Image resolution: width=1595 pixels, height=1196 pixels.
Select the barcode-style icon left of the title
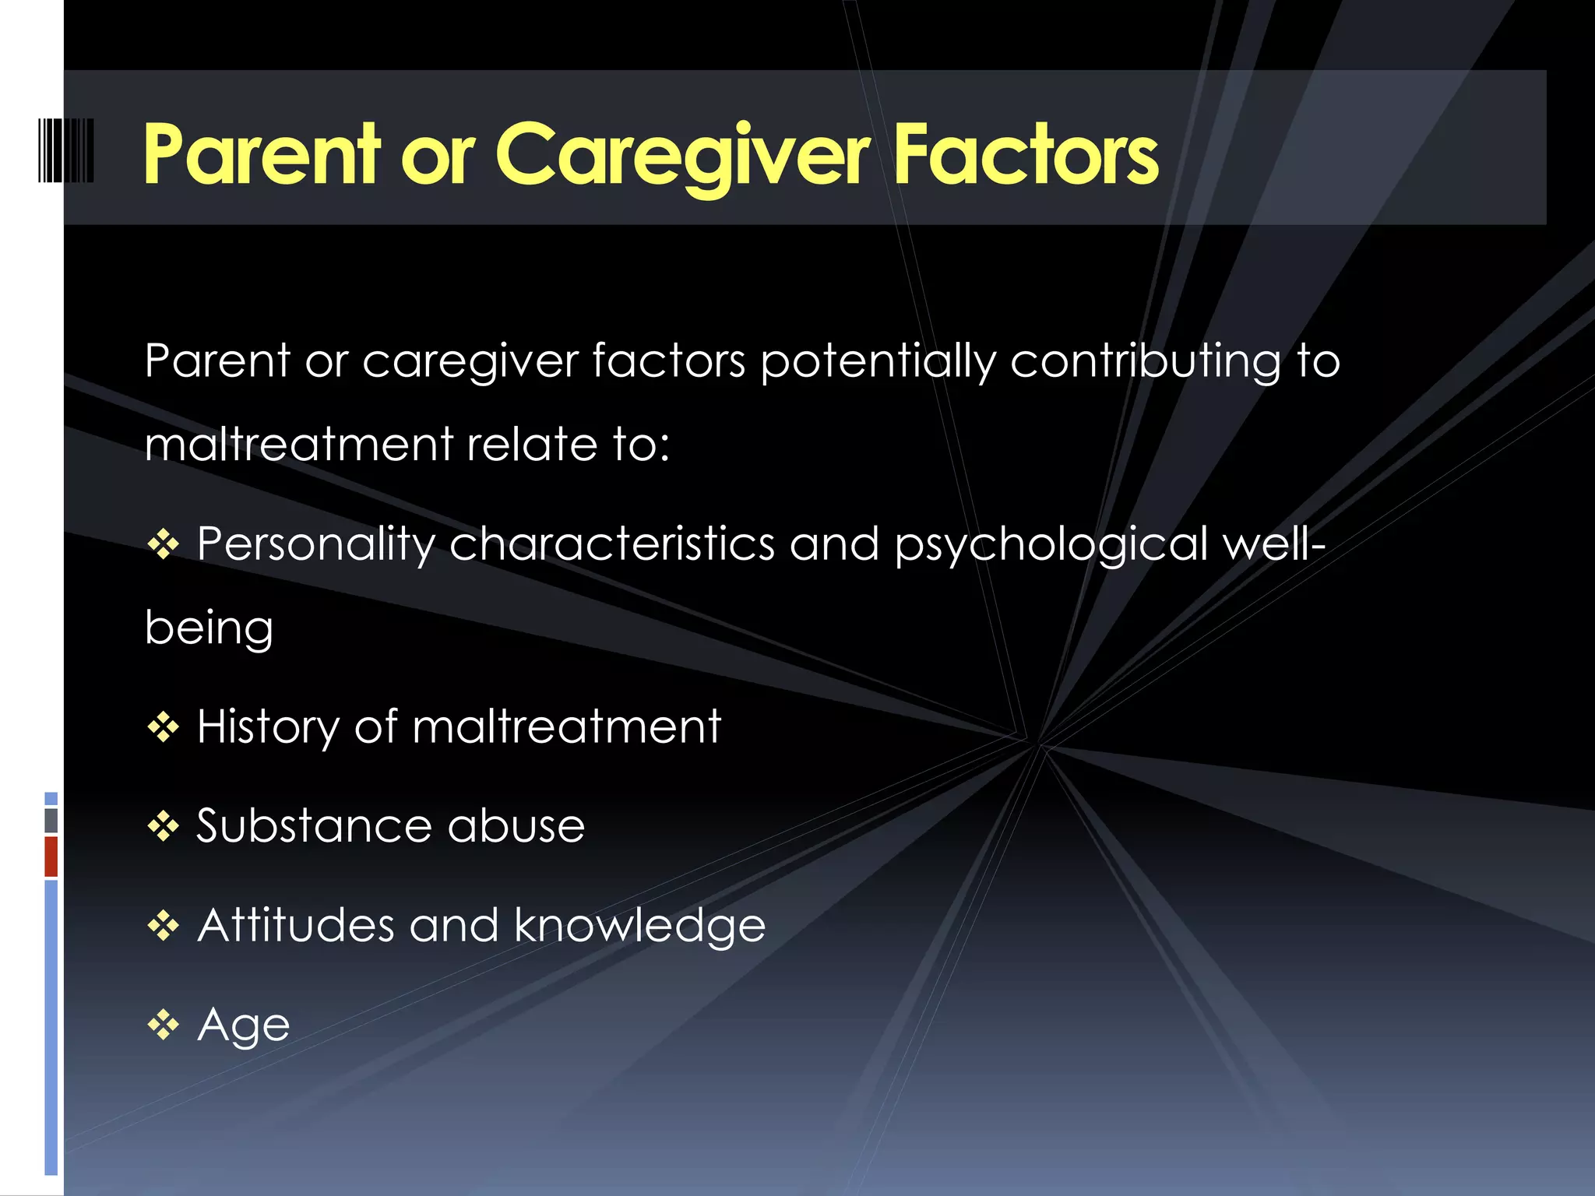point(65,150)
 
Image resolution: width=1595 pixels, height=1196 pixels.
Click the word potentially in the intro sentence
point(878,361)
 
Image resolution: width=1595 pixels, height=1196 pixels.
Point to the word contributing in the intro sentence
point(1145,361)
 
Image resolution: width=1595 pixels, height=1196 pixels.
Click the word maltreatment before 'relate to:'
point(298,444)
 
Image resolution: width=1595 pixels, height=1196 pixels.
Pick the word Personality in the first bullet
point(315,543)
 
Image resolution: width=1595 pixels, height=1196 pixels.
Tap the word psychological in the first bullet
point(1052,543)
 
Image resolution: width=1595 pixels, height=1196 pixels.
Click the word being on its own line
point(209,628)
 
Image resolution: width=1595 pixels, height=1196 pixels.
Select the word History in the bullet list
point(268,727)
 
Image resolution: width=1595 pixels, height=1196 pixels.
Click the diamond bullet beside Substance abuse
point(164,826)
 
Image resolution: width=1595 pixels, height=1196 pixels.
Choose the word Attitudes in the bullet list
point(296,925)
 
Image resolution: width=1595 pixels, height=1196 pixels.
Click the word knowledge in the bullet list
point(639,925)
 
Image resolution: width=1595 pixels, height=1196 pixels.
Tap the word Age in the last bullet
point(244,1025)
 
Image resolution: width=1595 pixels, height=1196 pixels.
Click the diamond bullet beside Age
point(164,1025)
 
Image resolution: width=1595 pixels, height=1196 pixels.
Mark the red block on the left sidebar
point(51,857)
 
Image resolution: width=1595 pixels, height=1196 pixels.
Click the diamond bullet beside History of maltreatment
point(164,727)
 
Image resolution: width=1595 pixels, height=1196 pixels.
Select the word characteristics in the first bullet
point(611,543)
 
